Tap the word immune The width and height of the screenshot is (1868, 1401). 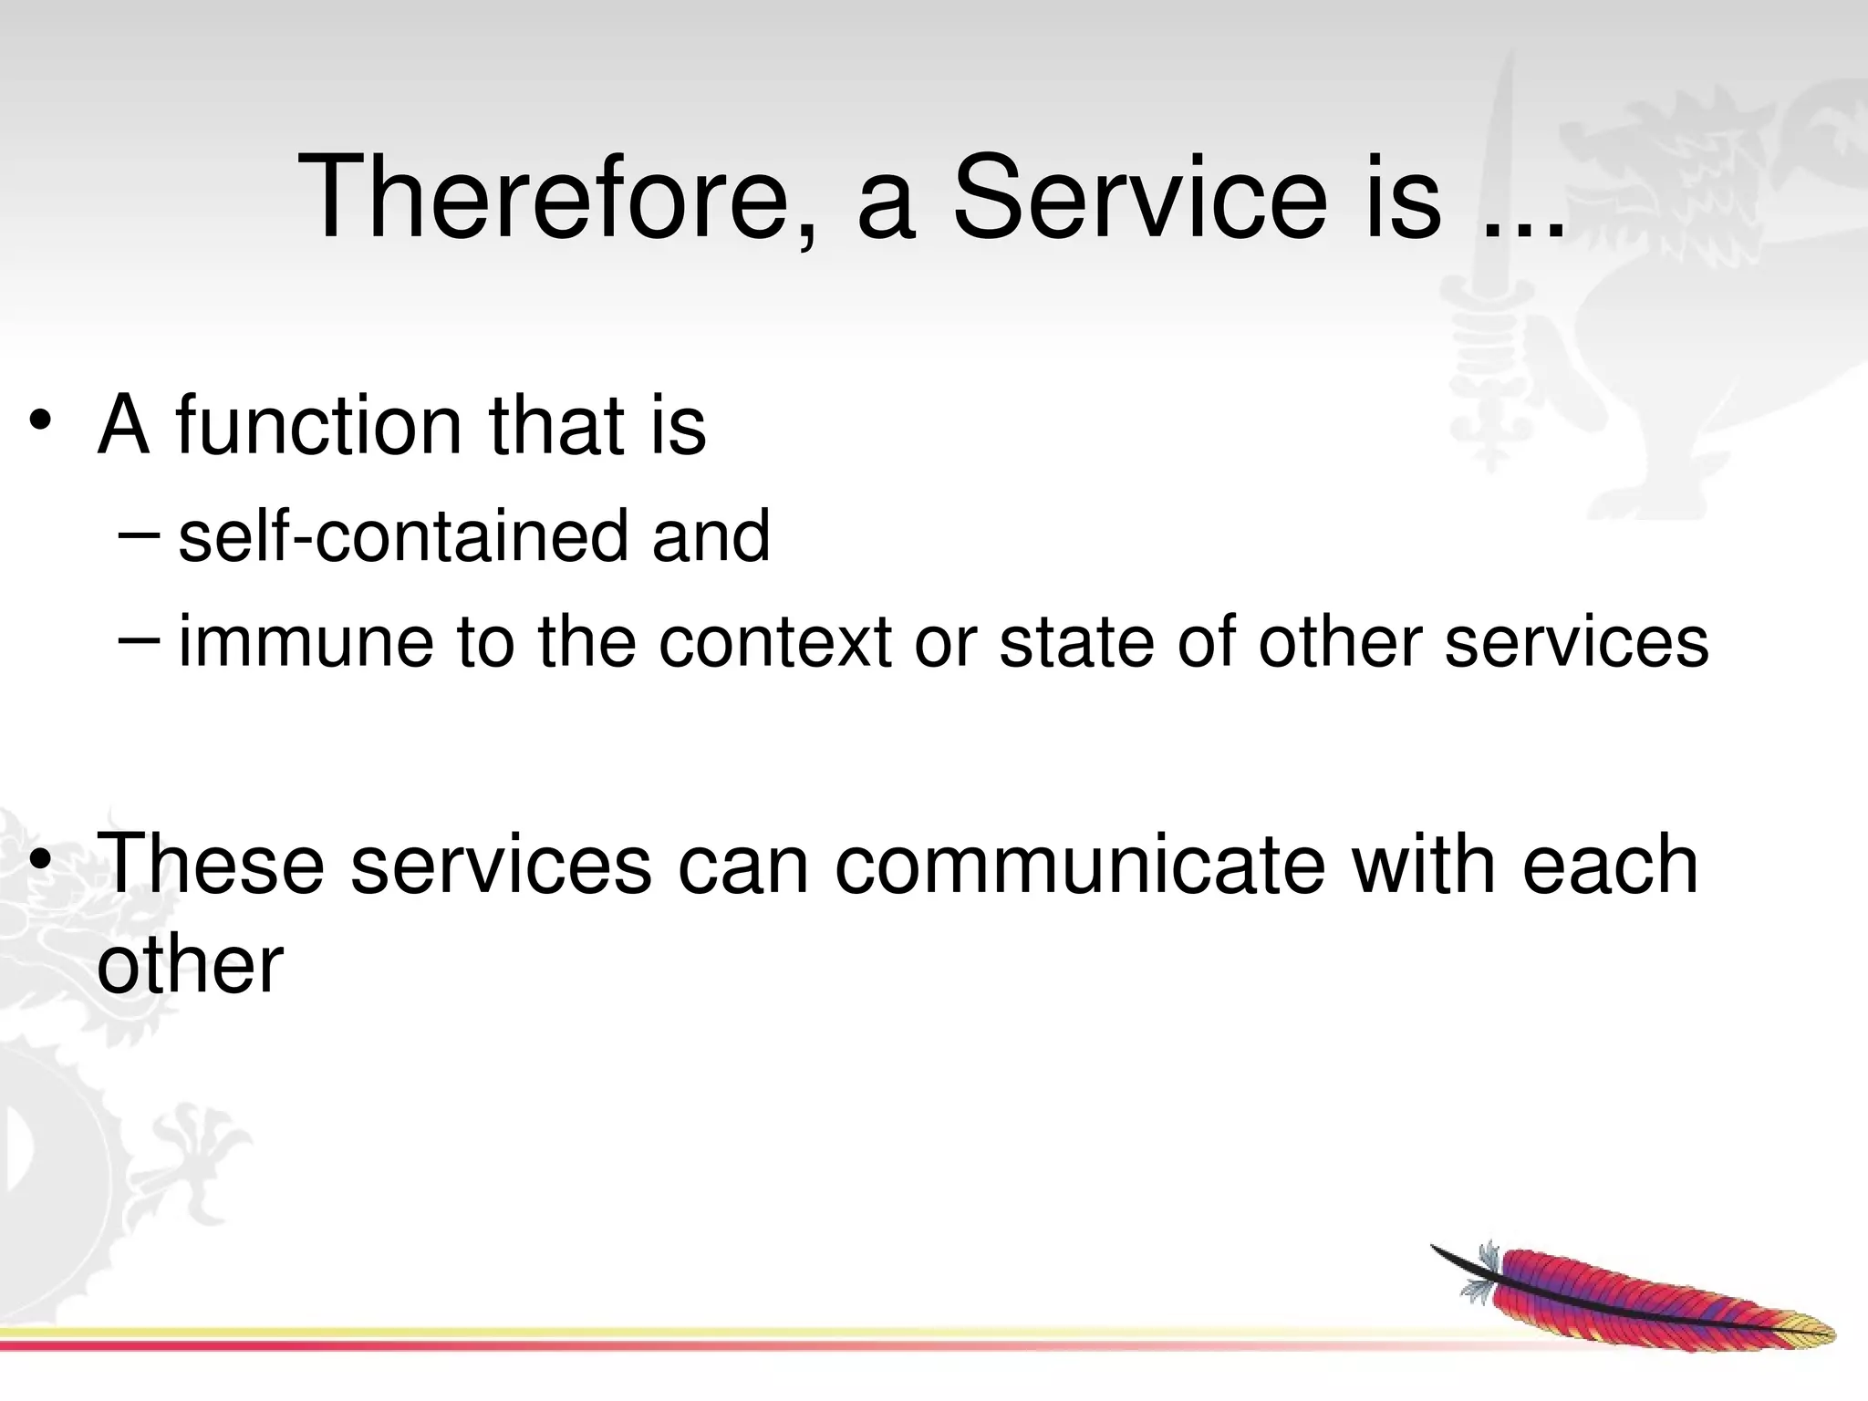pyautogui.click(x=306, y=642)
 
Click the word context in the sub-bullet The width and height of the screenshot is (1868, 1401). pyautogui.click(x=774, y=642)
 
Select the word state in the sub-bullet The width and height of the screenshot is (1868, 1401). pyautogui.click(x=1077, y=642)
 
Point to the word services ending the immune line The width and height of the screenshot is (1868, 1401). pyautogui.click(x=1577, y=642)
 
